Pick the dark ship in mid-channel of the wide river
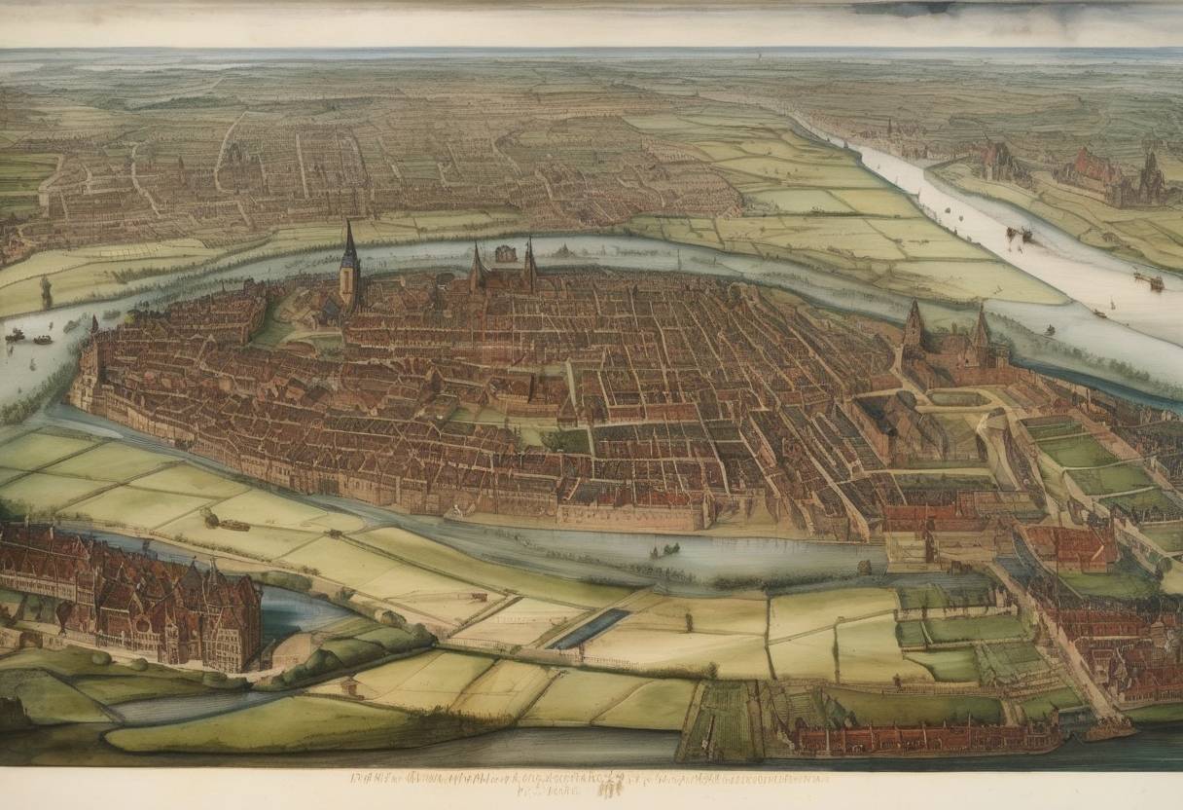pyautogui.click(x=1019, y=234)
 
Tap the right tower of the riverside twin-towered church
pyautogui.click(x=981, y=331)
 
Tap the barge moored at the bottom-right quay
pyautogui.click(x=1110, y=729)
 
